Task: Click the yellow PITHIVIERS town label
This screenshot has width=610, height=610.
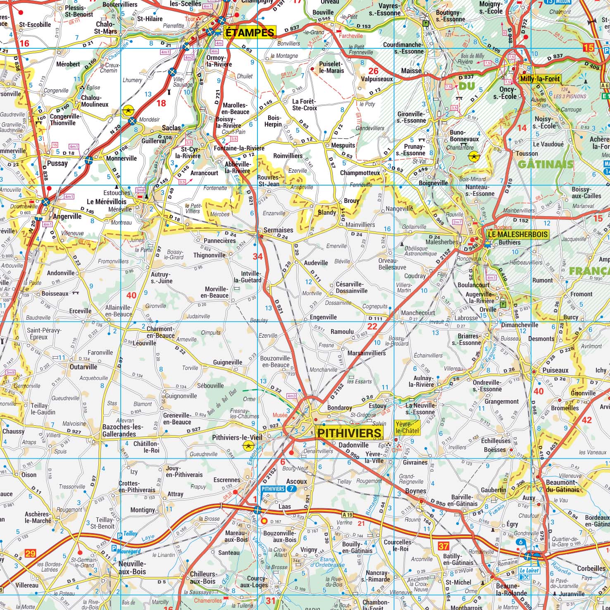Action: click(349, 433)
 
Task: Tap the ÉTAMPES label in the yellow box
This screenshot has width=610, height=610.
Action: click(249, 33)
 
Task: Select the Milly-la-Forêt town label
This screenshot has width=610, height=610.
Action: click(540, 79)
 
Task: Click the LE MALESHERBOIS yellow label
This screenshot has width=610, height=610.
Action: click(517, 234)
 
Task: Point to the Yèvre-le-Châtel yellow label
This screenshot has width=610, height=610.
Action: click(407, 427)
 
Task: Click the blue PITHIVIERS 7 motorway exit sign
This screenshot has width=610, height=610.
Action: click(279, 488)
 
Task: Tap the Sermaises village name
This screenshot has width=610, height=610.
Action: click(278, 230)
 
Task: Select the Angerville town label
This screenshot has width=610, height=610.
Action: click(67, 216)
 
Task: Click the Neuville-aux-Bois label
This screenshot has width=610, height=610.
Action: click(132, 567)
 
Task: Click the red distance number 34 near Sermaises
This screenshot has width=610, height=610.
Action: click(257, 257)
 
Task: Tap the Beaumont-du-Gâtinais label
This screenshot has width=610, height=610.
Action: click(562, 486)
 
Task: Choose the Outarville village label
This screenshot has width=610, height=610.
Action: click(83, 367)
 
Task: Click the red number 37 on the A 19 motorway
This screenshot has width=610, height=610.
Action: click(443, 546)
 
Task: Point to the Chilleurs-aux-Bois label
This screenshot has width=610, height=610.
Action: click(203, 577)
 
